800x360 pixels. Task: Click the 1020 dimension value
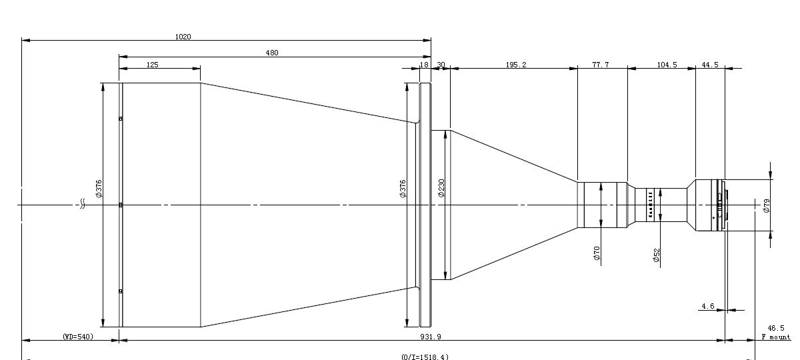[x=183, y=37]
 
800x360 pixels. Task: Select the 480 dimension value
[x=272, y=53]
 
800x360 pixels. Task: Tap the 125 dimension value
[x=152, y=65]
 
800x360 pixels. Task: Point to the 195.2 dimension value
[x=516, y=65]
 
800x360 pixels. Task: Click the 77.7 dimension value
[x=601, y=65]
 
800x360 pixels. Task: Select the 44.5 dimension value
[x=710, y=65]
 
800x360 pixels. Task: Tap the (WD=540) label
[x=78, y=337]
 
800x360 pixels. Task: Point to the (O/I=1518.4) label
[x=425, y=357]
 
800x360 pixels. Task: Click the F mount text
[x=776, y=337]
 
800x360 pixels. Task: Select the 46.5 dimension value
[x=776, y=328]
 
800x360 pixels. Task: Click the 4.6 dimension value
[x=707, y=307]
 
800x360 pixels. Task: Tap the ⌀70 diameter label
[x=597, y=253]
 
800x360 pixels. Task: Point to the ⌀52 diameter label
[x=657, y=255]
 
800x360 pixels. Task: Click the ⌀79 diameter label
[x=766, y=205]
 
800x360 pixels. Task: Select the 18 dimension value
[x=424, y=65]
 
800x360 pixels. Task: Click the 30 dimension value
[x=441, y=65]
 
